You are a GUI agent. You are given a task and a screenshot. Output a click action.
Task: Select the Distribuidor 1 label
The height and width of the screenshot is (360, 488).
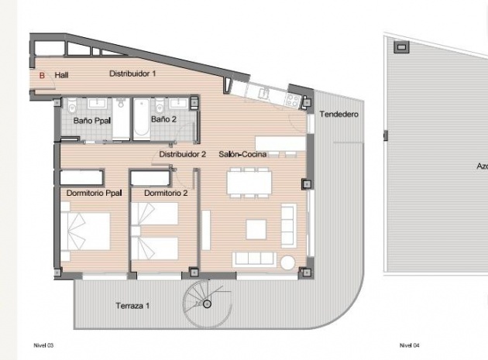click(x=132, y=74)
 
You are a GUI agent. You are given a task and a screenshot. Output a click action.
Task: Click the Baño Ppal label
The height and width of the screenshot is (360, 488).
click(x=90, y=121)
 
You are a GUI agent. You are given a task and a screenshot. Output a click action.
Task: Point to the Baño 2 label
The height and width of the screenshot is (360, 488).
click(x=164, y=120)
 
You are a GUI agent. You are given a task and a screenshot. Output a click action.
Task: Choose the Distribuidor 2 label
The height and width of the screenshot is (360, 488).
click(x=182, y=154)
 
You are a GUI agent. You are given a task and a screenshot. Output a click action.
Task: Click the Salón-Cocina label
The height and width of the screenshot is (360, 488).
click(x=242, y=154)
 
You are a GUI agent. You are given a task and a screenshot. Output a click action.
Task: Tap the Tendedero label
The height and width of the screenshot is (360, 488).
click(x=339, y=115)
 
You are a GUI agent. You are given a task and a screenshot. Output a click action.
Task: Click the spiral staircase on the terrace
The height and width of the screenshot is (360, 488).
click(x=207, y=303)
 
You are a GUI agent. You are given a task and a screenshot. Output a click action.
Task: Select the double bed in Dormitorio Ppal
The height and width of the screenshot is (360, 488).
click(x=87, y=233)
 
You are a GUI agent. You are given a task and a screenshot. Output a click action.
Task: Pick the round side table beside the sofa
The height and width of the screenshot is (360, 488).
click(x=288, y=261)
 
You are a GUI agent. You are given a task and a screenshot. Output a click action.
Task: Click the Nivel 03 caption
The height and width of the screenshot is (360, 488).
click(x=43, y=345)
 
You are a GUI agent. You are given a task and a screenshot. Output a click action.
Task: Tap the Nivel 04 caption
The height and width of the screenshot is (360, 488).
click(x=409, y=345)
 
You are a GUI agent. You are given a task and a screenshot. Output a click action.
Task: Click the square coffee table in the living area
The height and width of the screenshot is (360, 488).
click(x=256, y=228)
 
